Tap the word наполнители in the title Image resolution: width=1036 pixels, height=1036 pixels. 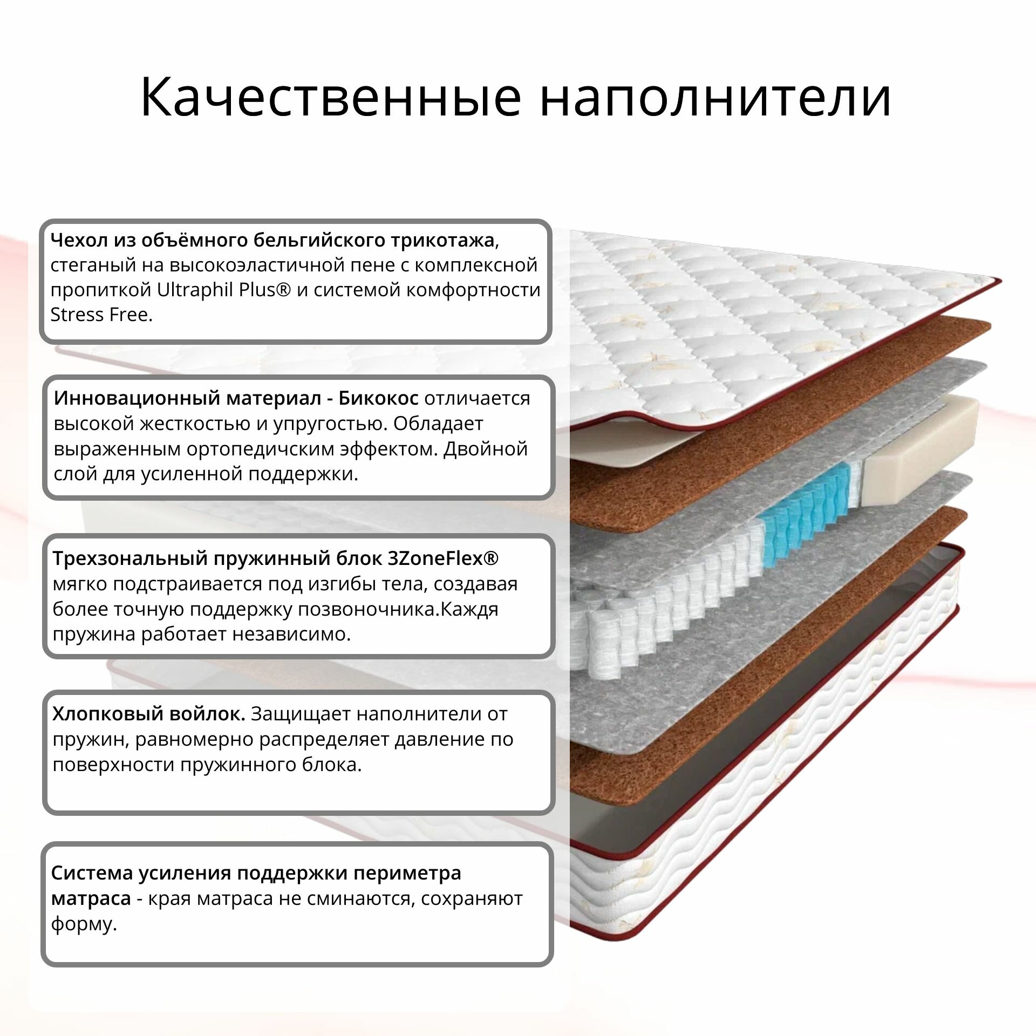(715, 98)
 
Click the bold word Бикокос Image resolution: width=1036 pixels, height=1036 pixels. (378, 398)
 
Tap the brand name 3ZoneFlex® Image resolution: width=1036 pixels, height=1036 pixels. (443, 558)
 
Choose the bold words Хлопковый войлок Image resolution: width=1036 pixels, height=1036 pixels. (149, 714)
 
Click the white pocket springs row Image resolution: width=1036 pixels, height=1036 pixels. (647, 621)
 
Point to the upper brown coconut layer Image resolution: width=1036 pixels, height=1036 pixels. (782, 410)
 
